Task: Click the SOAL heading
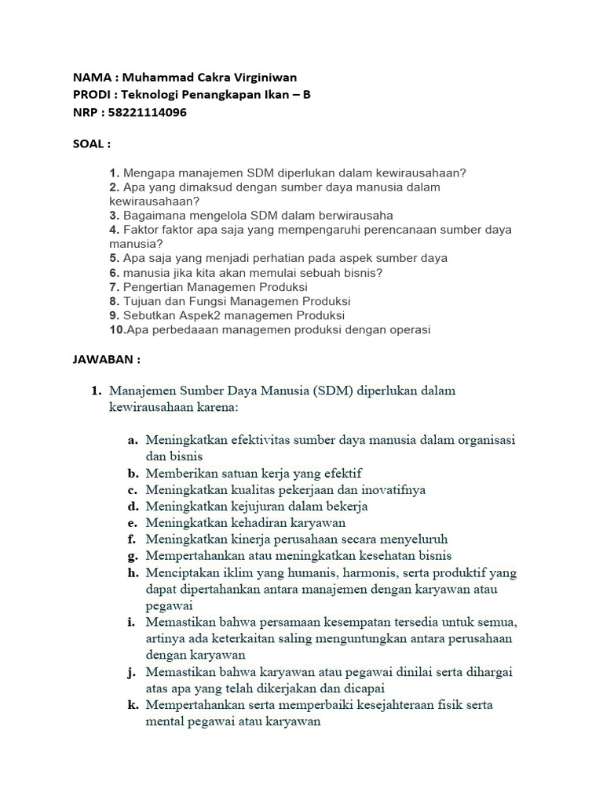click(91, 144)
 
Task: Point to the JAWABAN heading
click(106, 359)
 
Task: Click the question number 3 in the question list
click(114, 215)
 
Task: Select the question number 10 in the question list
click(118, 329)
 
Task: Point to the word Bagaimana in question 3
click(154, 215)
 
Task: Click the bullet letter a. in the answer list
click(133, 441)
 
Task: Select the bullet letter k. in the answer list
click(133, 705)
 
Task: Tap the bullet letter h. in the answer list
click(133, 573)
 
